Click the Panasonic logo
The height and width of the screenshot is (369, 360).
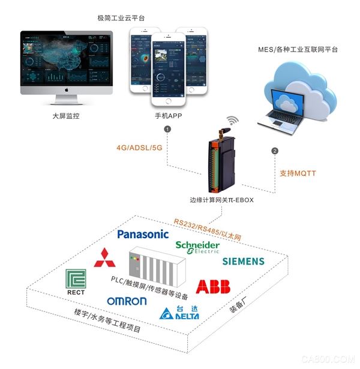pyautogui.click(x=143, y=234)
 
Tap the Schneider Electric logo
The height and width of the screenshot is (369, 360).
pyautogui.click(x=197, y=248)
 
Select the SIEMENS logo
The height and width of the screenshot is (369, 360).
pyautogui.click(x=243, y=261)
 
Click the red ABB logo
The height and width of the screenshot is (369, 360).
pyautogui.click(x=213, y=286)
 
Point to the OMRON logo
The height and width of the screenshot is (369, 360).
pyautogui.click(x=127, y=301)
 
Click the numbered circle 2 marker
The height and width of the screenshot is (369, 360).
pyautogui.click(x=275, y=150)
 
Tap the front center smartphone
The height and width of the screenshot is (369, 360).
pyautogui.click(x=169, y=72)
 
